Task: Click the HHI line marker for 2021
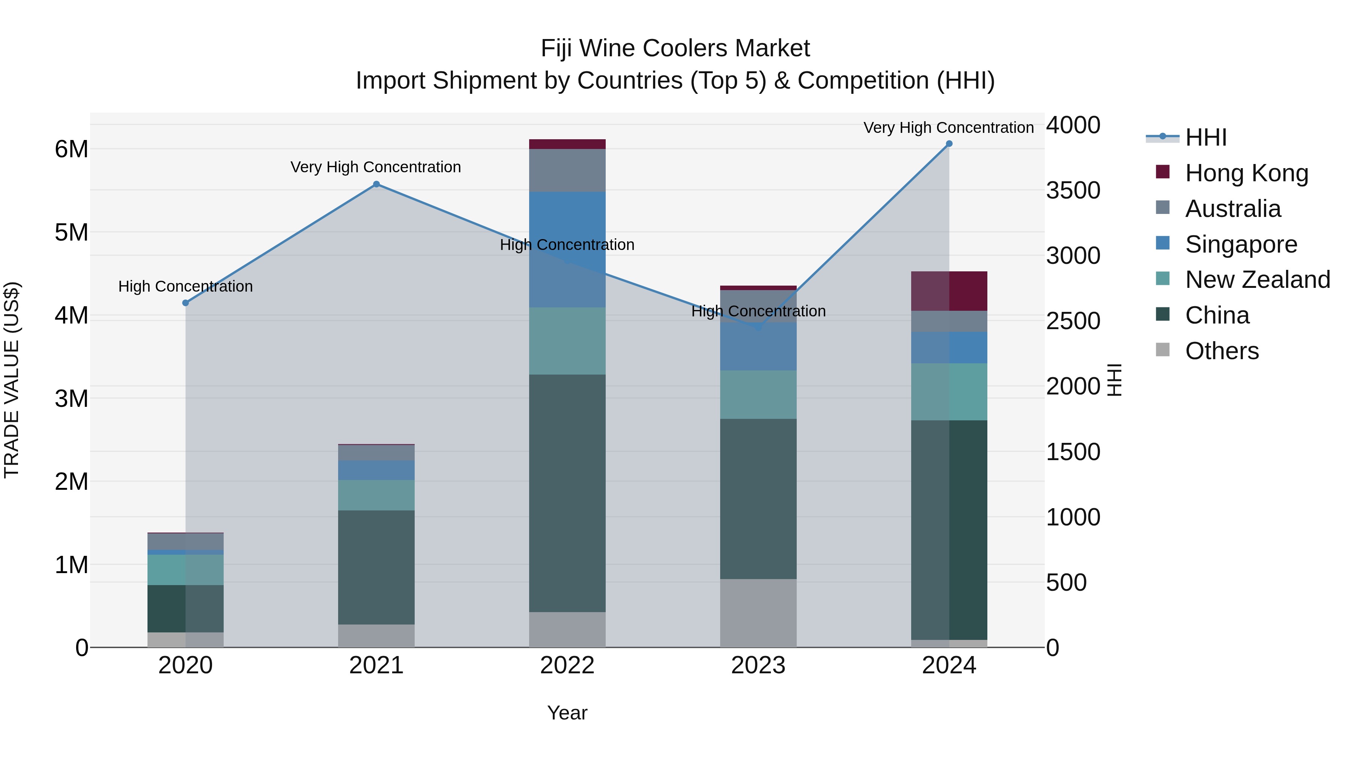[x=376, y=184]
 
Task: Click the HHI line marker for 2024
[x=949, y=144]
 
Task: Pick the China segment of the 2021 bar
[x=376, y=567]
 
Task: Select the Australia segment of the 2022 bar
[x=567, y=170]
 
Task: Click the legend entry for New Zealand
[x=1257, y=280]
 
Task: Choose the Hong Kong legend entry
[x=1246, y=173]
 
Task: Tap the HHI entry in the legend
[x=1205, y=137]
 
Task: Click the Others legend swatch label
[x=1222, y=351]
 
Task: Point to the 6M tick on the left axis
[x=71, y=149]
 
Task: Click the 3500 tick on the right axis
[x=1073, y=190]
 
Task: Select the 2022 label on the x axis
[x=567, y=665]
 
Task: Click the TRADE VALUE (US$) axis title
[x=12, y=380]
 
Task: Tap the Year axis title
[x=567, y=713]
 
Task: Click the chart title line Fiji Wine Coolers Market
[x=675, y=48]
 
